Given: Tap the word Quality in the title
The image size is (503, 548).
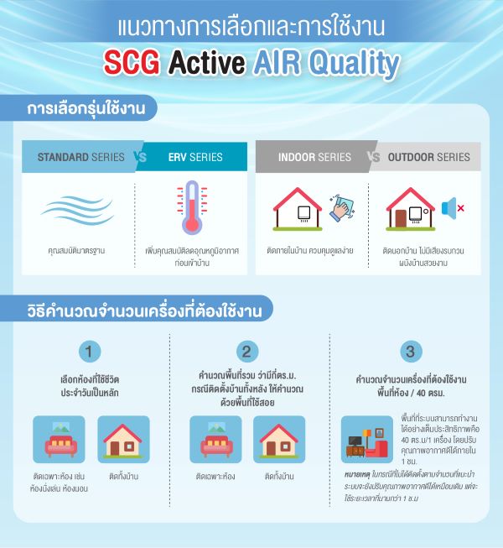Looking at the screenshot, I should (352, 63).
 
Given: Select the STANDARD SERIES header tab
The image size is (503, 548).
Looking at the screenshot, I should (81, 157).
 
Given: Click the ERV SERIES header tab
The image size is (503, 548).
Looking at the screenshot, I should (195, 157).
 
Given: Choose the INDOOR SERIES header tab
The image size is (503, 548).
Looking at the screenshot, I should (314, 157).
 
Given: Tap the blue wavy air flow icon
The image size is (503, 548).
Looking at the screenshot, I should (77, 210).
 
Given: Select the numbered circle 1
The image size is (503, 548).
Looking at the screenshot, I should (91, 352).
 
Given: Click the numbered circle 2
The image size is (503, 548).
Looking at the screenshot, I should (246, 352).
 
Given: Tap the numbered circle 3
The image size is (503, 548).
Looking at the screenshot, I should (408, 352).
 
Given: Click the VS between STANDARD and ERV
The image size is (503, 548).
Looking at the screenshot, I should (140, 157).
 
